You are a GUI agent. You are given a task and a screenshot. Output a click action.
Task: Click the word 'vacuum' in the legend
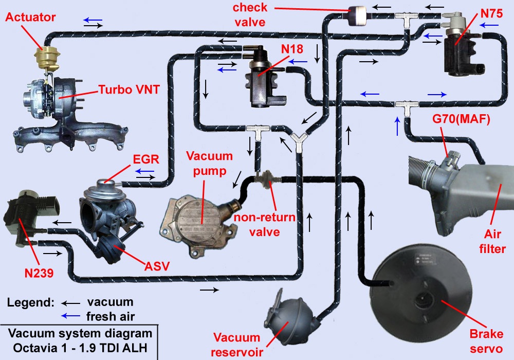(110, 302)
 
